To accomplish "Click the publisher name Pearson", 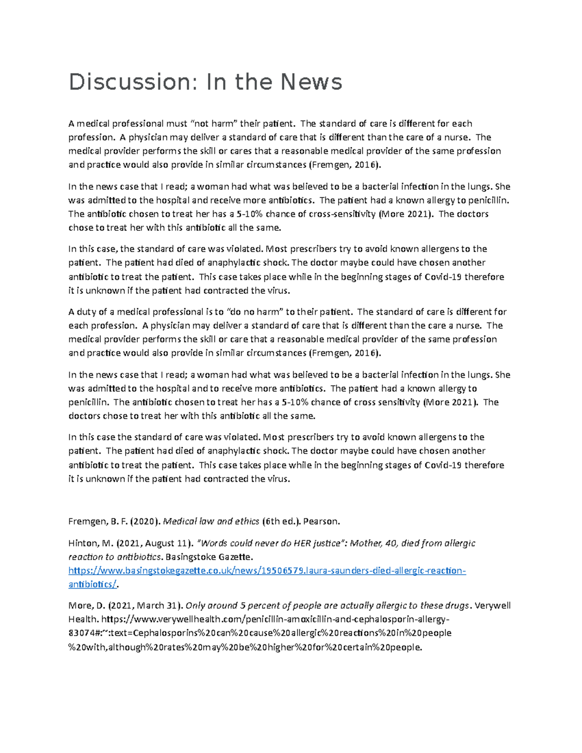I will coord(321,522).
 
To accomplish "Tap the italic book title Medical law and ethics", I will coord(211,522).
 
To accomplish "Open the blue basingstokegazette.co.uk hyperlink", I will coord(267,571).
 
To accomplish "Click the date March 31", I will coord(158,606).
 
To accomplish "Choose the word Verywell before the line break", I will coord(492,606).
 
